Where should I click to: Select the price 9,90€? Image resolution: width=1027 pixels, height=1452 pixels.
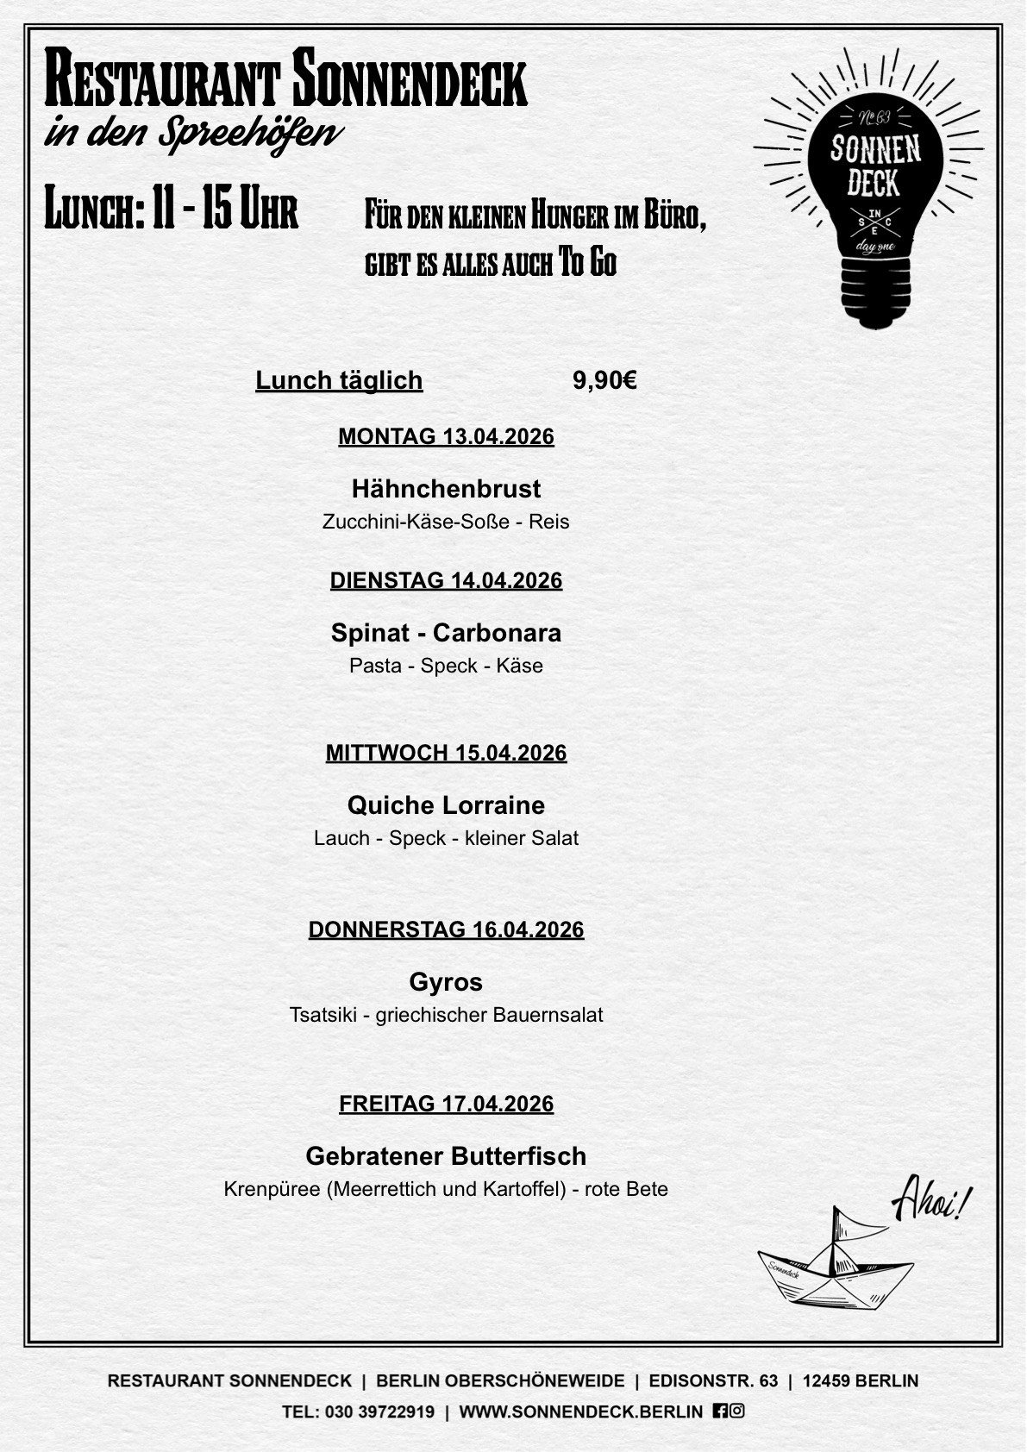tap(604, 380)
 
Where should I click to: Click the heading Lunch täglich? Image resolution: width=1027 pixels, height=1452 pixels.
tap(339, 380)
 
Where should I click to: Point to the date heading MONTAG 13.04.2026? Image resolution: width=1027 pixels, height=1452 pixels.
tap(446, 436)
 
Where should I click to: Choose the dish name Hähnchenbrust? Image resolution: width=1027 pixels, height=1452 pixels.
tap(446, 489)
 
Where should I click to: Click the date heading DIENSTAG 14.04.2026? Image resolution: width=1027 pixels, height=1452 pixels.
tap(446, 580)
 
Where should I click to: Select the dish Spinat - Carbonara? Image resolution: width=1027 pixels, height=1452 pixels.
tap(446, 633)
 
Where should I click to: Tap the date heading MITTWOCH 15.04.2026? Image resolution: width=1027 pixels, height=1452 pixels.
tap(446, 753)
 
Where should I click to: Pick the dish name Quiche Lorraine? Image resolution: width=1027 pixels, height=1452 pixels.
tap(446, 805)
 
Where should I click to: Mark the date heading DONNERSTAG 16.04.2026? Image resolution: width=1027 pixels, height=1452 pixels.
tap(446, 929)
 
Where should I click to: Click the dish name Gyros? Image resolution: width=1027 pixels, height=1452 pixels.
tap(446, 982)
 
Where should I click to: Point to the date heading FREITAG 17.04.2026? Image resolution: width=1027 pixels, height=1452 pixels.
tap(446, 1104)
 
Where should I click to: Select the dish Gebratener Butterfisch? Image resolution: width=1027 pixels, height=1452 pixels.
tap(446, 1156)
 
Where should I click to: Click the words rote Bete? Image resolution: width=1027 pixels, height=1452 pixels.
tap(626, 1190)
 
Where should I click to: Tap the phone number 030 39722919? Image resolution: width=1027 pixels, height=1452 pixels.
tap(379, 1411)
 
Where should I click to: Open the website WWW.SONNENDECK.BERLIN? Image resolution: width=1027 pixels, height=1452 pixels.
tap(580, 1411)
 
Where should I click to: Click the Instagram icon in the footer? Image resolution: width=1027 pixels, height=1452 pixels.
tap(737, 1411)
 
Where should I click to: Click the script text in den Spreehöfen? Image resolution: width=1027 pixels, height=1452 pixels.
tap(193, 134)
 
